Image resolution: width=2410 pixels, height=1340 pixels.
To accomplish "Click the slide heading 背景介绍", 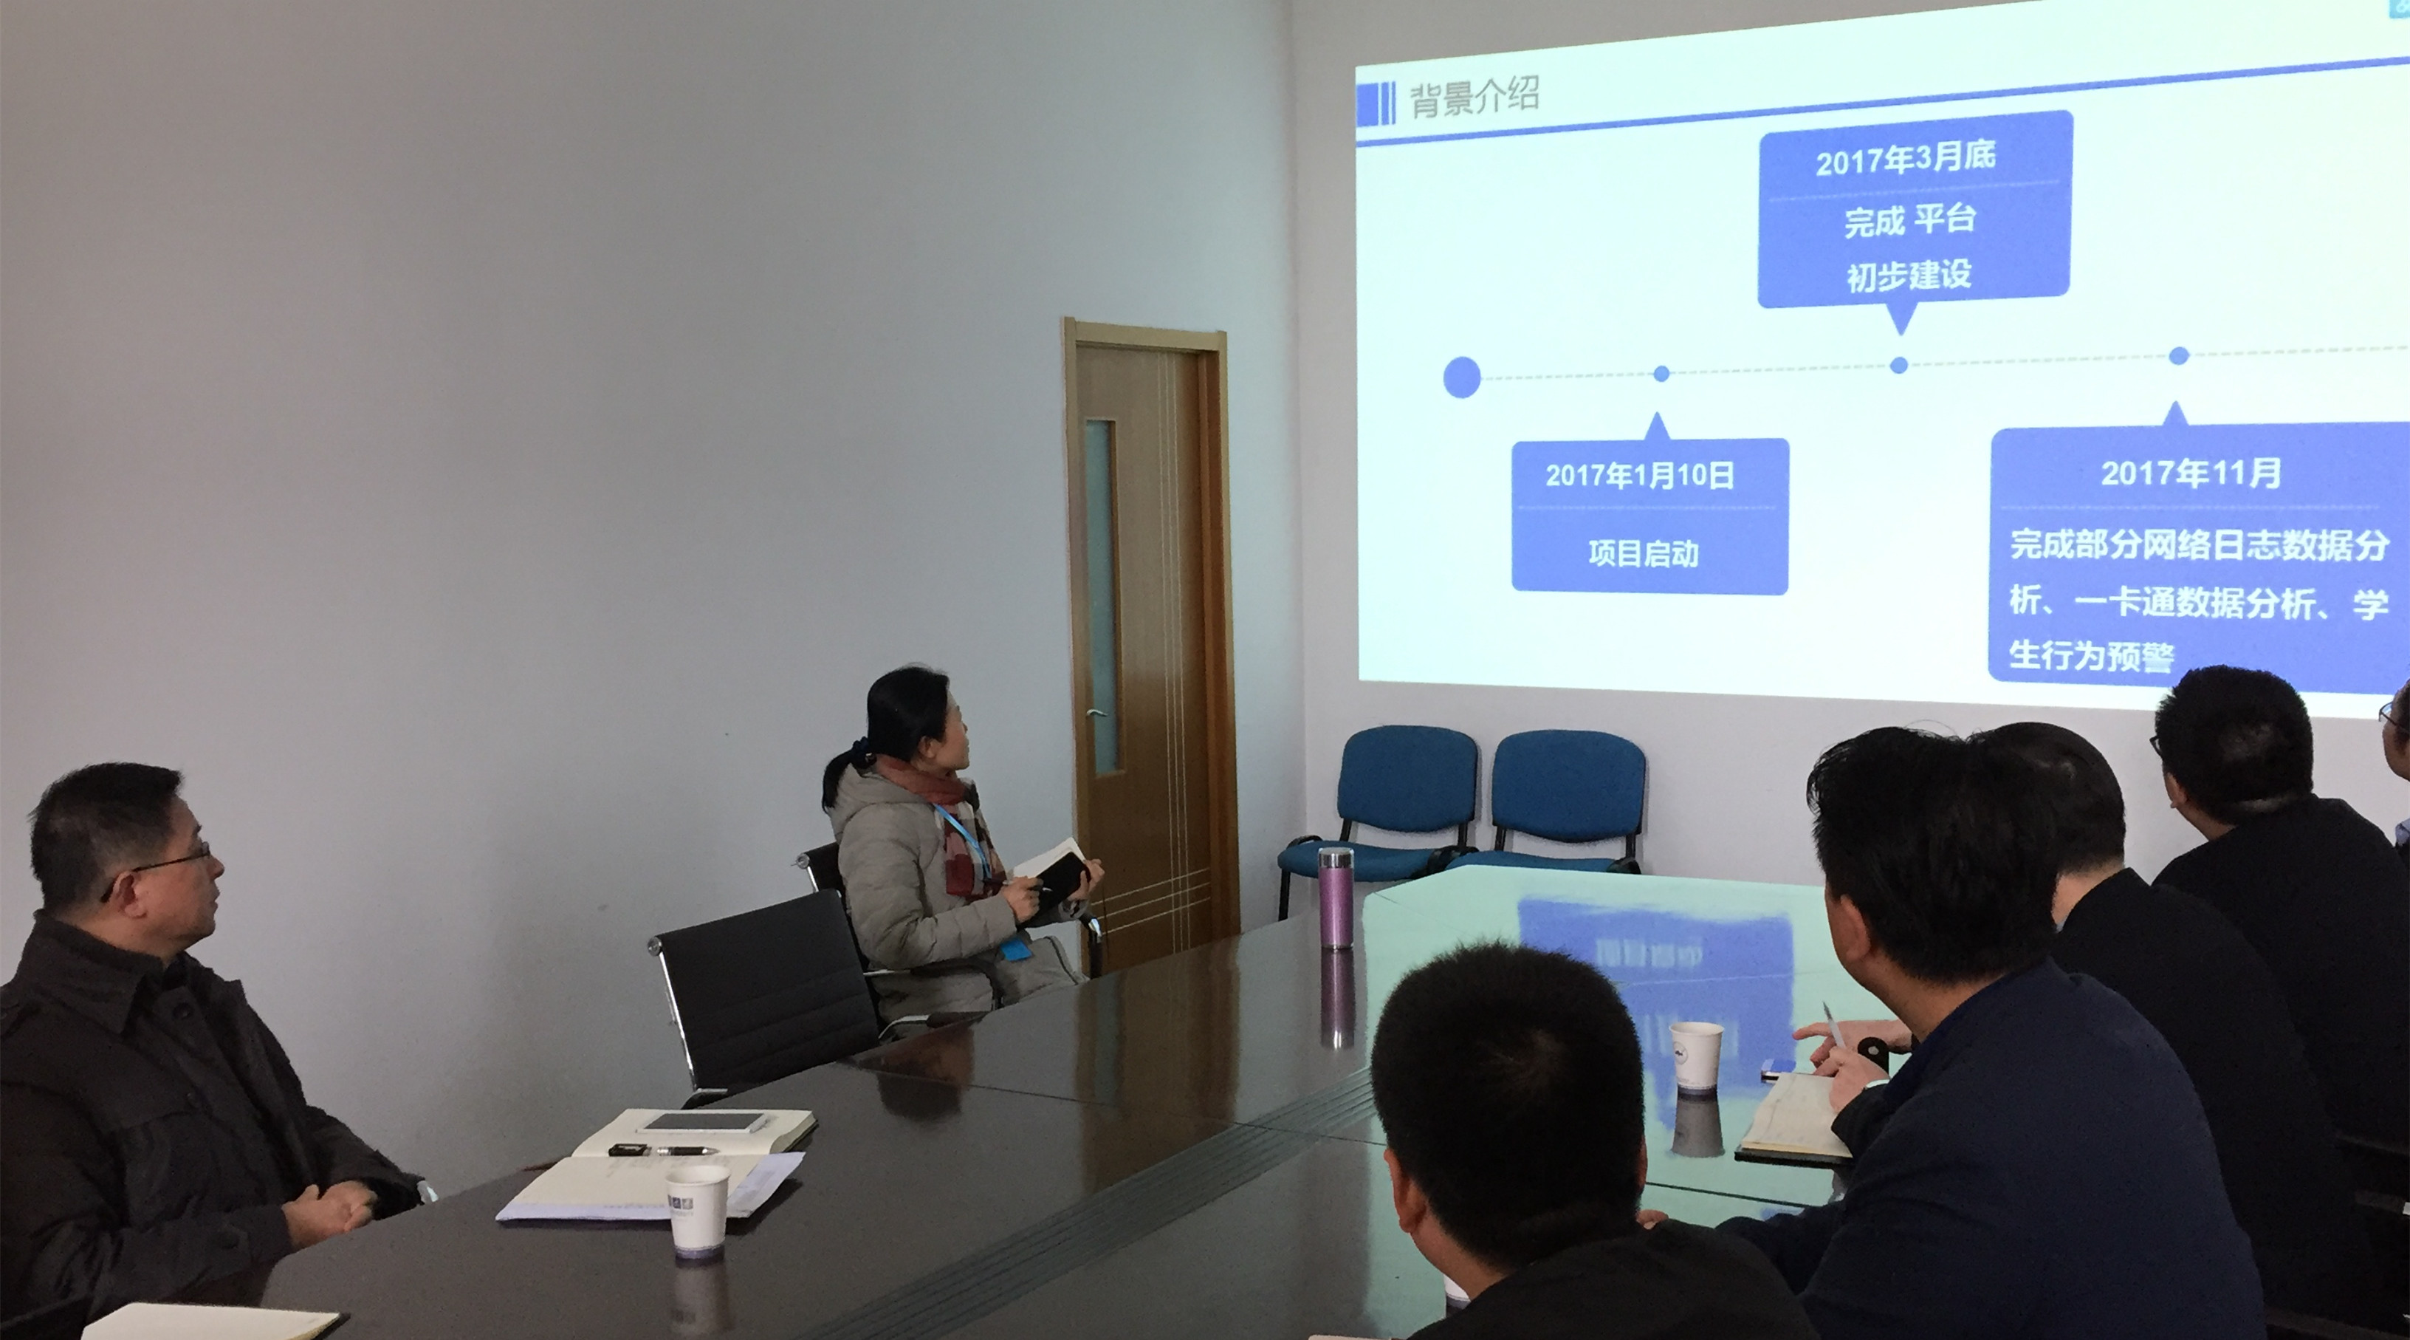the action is tap(1474, 96).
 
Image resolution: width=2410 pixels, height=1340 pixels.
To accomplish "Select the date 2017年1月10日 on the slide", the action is tap(1639, 476).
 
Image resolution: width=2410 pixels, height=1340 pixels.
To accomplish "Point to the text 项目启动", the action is tap(1643, 553).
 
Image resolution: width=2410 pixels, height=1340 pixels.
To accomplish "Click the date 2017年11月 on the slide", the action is tap(2190, 474).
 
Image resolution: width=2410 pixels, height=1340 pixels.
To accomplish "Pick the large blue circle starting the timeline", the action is tap(1462, 377).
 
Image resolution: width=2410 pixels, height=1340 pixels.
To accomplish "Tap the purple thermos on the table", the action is tap(1336, 898).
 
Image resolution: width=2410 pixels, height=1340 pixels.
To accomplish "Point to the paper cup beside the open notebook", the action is tap(697, 1208).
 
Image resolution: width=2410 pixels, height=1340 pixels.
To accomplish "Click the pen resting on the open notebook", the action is tap(665, 1150).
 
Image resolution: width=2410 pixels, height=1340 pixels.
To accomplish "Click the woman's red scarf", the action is tap(959, 833).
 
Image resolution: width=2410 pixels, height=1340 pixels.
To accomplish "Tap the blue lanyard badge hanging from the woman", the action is tap(1015, 948).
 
